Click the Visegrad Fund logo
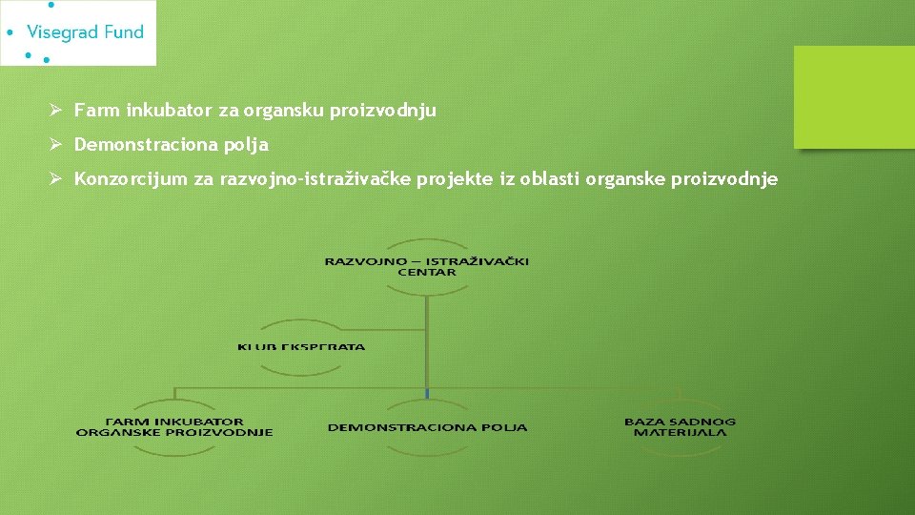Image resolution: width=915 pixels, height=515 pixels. [x=78, y=32]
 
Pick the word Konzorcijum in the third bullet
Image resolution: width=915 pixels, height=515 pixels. [x=131, y=179]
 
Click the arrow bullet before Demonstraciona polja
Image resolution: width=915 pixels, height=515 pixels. [x=56, y=145]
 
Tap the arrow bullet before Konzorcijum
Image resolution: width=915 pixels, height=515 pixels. [x=56, y=179]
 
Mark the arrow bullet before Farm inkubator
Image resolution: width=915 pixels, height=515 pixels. [x=56, y=111]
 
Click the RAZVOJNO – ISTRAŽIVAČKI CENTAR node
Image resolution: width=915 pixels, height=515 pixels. [x=427, y=266]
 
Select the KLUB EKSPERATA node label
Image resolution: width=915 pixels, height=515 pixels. [x=301, y=346]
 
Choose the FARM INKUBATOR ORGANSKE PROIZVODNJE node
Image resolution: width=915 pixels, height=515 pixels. [x=174, y=426]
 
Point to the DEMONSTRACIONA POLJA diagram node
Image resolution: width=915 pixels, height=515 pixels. [x=427, y=427]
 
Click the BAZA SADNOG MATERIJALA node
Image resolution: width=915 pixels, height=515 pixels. [x=680, y=426]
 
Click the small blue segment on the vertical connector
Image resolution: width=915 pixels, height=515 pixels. [x=427, y=393]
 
